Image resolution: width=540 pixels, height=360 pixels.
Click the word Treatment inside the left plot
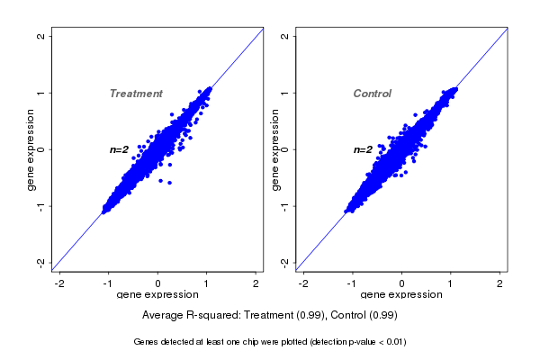(136, 94)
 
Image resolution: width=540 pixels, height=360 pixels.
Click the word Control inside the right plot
(373, 94)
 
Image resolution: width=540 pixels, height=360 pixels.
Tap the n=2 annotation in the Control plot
(363, 149)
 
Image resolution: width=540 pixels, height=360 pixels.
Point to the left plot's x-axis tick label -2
(59, 283)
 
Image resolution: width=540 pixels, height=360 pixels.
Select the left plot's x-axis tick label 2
(256, 283)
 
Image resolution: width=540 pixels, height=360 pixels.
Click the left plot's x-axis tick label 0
(158, 283)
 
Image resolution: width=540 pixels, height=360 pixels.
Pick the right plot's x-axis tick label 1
(451, 283)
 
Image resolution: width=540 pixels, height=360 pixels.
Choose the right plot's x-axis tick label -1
(352, 283)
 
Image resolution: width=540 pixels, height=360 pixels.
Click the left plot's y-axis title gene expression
(31, 149)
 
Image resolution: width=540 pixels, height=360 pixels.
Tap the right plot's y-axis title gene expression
(274, 149)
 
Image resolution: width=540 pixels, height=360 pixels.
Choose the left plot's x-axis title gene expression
(158, 295)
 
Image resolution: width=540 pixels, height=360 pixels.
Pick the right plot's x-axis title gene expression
(401, 295)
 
